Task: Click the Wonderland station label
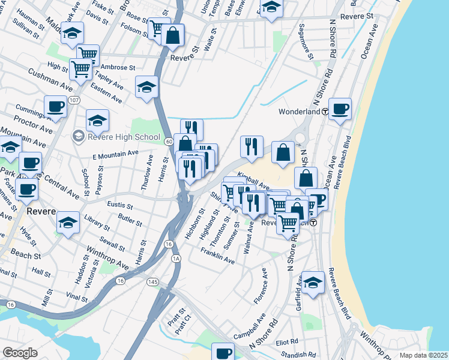pos(299,112)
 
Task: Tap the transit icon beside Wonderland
pos(325,112)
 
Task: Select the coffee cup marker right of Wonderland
pos(340,109)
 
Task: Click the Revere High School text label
pos(124,136)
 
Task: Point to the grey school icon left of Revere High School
pos(78,136)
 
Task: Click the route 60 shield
pos(170,141)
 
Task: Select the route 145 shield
pos(153,281)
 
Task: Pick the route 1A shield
pos(176,258)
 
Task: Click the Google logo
pos(20,353)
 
